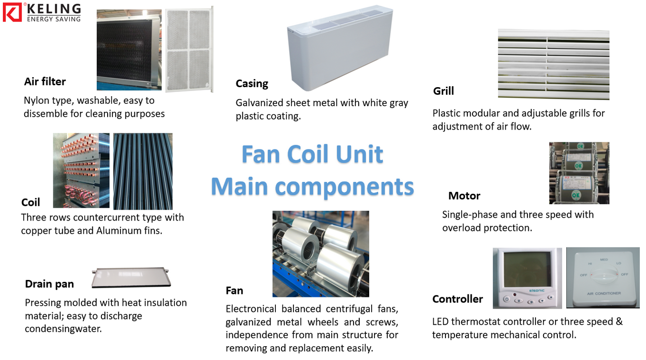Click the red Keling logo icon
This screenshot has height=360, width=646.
click(x=12, y=12)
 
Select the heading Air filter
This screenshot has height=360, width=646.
click(x=45, y=81)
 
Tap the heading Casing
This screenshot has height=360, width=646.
click(x=252, y=84)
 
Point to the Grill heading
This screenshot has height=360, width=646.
click(x=443, y=91)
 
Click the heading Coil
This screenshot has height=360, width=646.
click(x=30, y=202)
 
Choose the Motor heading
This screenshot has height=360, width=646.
click(x=464, y=196)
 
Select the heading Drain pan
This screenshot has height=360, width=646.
click(x=49, y=284)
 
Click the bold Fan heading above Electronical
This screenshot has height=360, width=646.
click(x=234, y=290)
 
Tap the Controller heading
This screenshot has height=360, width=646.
click(x=457, y=299)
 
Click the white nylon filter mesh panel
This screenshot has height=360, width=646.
click(x=189, y=50)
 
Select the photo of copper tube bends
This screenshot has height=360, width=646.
click(x=81, y=170)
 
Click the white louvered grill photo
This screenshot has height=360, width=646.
click(x=553, y=64)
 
